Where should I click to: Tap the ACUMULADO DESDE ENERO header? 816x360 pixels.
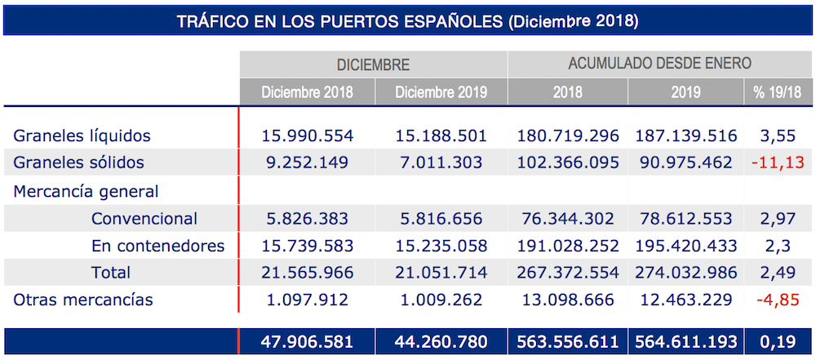(x=659, y=63)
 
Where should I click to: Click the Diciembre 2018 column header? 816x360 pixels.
(x=307, y=91)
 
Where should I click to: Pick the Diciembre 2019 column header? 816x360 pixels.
(x=441, y=91)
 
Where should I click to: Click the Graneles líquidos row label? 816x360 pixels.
(x=82, y=136)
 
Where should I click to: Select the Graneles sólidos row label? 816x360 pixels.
(x=78, y=162)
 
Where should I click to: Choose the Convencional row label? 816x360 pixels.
(x=144, y=219)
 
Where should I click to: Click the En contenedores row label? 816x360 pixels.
(x=158, y=245)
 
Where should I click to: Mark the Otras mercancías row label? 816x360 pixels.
(x=83, y=300)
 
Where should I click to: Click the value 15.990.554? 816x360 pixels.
(x=307, y=136)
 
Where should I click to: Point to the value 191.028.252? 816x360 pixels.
(x=568, y=245)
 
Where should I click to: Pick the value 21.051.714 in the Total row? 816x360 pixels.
(x=441, y=272)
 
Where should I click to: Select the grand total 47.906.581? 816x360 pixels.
(x=307, y=341)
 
